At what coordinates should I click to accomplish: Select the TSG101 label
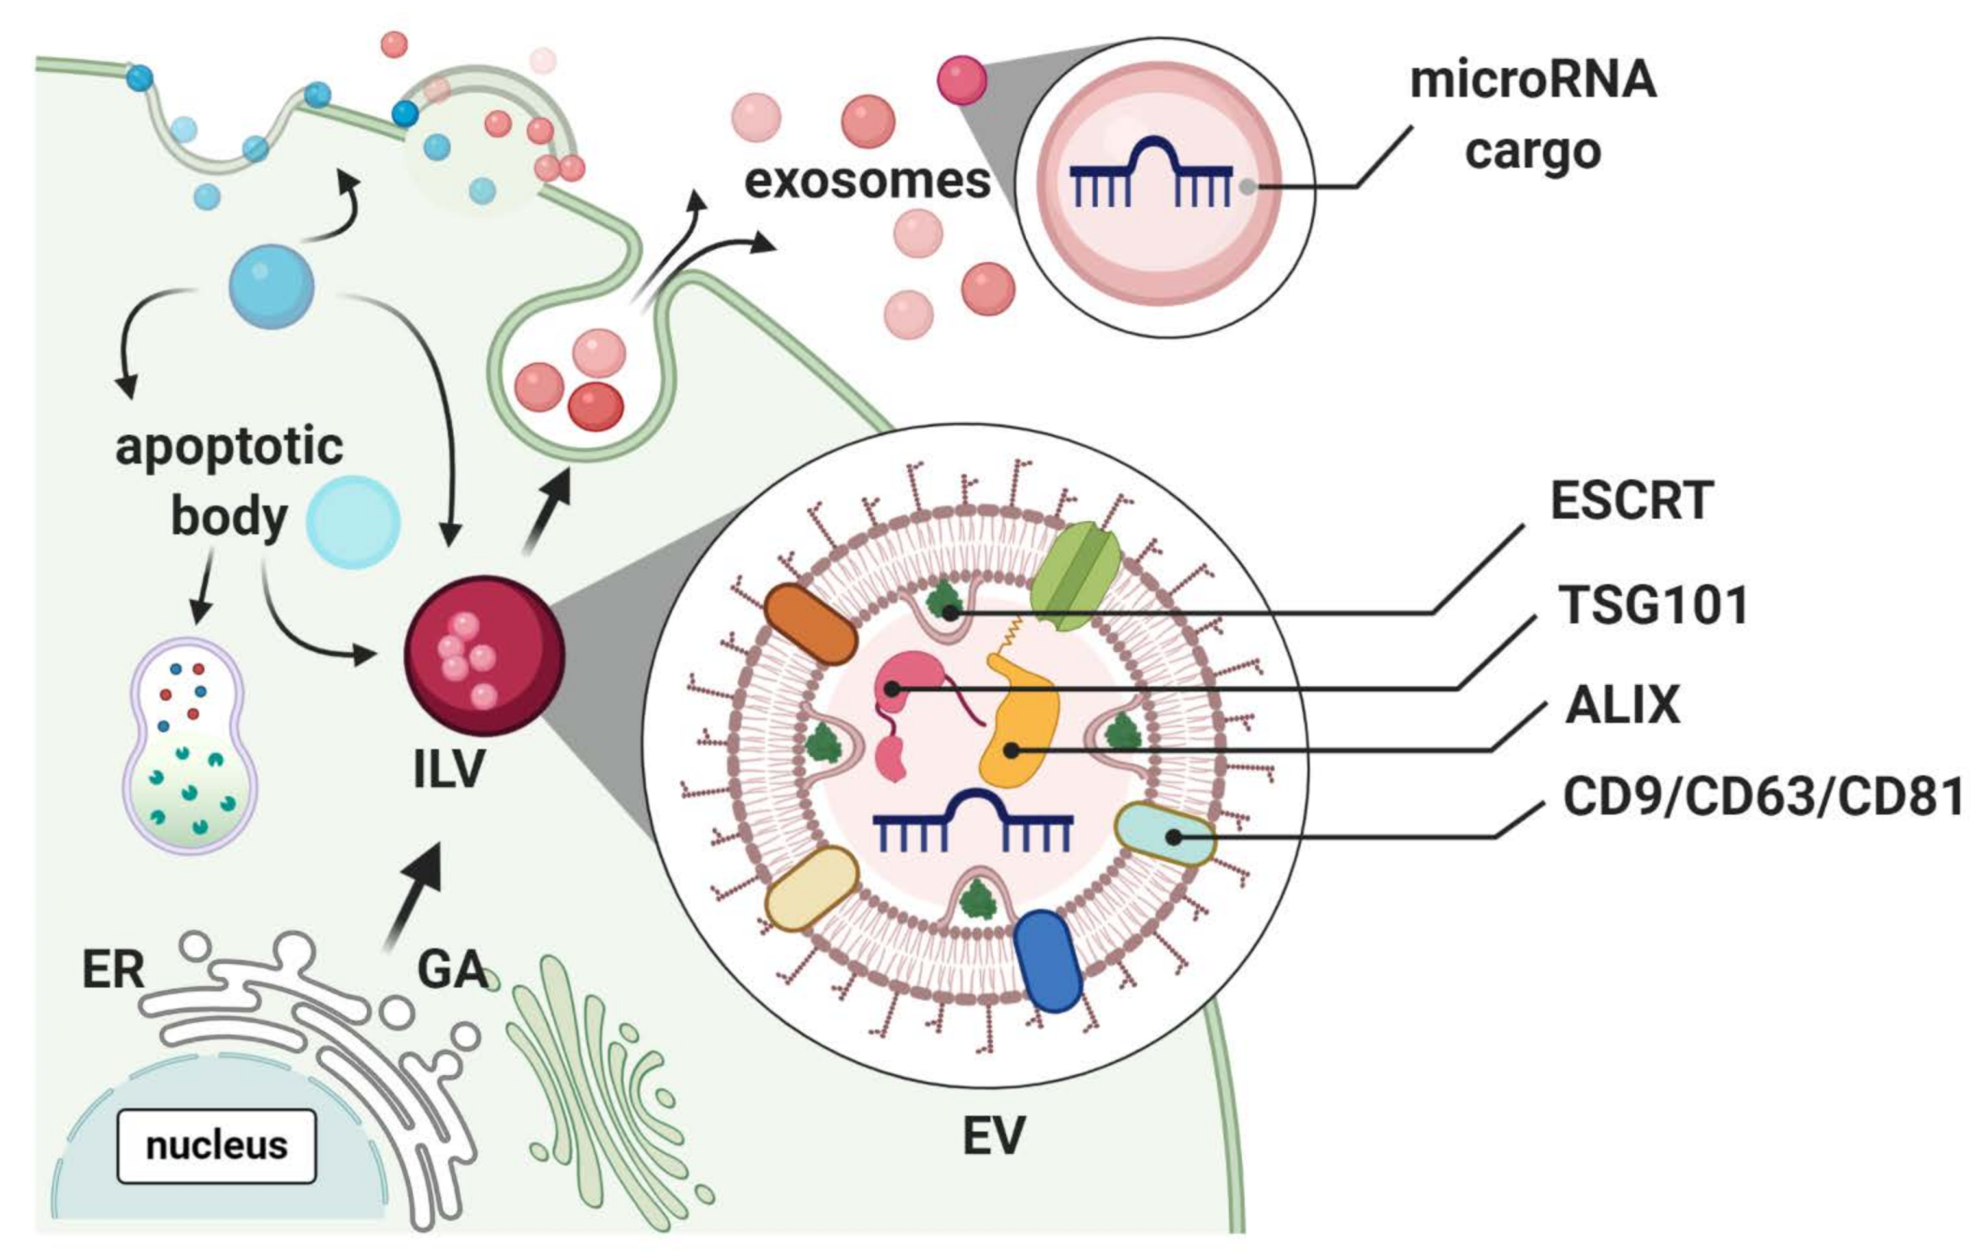coord(1653,605)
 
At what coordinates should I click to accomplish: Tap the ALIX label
coord(1622,705)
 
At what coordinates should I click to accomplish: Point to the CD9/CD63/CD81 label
coord(1762,797)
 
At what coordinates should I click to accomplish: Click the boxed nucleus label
coord(216,1145)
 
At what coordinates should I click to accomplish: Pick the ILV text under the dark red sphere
coord(448,770)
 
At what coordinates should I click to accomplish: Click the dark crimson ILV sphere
coord(484,655)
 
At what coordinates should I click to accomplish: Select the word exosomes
coord(867,181)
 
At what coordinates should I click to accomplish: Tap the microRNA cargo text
coord(1532,114)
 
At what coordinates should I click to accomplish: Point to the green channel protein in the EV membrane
coord(1074,576)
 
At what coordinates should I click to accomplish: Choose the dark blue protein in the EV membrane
coord(1048,960)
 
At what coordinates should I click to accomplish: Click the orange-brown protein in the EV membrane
coord(810,624)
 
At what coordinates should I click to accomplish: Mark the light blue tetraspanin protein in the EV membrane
coord(1163,834)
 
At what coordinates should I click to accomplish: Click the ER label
coord(113,969)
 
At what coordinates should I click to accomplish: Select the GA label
coord(451,969)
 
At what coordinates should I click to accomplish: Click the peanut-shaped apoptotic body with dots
coord(190,745)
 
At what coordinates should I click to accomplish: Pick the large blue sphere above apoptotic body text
coord(271,286)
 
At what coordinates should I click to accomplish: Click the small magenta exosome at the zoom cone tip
coord(961,80)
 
